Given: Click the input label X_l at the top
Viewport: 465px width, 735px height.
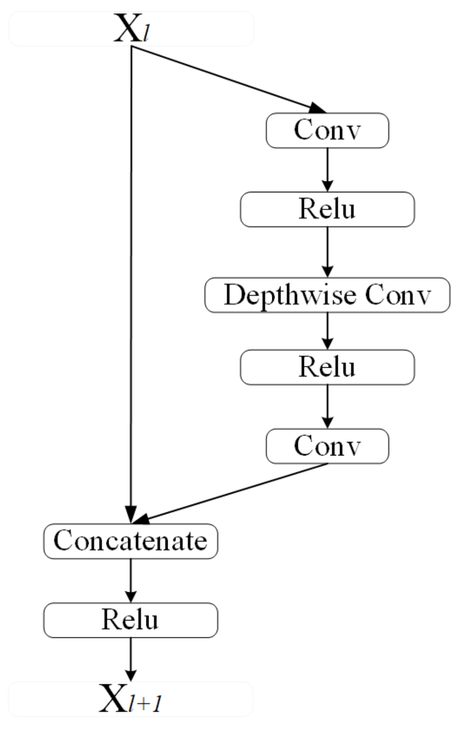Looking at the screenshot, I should tap(131, 29).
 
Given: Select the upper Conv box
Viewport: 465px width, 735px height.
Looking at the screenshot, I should tap(327, 130).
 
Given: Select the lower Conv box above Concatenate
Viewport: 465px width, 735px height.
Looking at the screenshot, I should tap(327, 446).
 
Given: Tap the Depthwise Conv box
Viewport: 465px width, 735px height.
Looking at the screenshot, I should tap(327, 295).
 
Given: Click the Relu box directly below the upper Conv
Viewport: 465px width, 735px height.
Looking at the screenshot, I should tap(327, 209).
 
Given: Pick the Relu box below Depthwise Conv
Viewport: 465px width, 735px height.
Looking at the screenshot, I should tap(327, 367).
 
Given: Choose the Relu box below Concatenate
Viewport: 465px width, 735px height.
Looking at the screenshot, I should tap(130, 620).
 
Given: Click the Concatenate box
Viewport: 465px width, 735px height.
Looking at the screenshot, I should tap(130, 541).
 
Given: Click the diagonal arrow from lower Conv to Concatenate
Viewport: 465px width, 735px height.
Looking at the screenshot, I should tap(232, 492).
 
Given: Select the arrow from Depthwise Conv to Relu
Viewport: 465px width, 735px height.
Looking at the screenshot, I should tap(327, 330).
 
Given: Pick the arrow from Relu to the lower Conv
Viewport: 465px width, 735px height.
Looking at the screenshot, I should tap(327, 406).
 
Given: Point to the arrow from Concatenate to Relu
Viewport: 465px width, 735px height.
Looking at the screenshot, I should tap(130, 580).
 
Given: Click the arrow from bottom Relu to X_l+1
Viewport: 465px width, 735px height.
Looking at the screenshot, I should tap(130, 659).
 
